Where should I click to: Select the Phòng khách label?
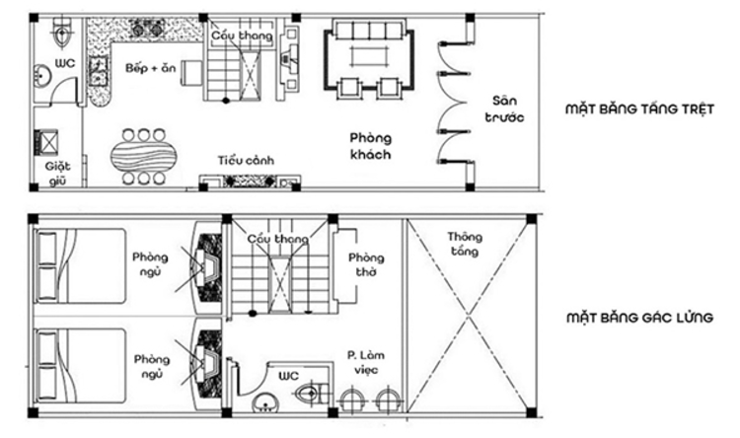370,147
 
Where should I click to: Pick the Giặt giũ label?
57,173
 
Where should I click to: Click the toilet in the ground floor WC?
61,36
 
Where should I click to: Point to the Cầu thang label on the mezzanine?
271,240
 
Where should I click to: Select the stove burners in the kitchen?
149,30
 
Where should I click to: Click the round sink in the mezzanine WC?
263,404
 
